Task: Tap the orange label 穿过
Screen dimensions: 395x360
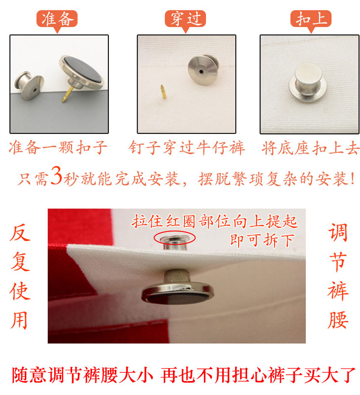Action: pyautogui.click(x=185, y=19)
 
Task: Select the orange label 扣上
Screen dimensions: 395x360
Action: pyautogui.click(x=311, y=19)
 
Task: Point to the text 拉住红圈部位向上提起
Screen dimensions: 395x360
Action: pyautogui.click(x=214, y=221)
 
